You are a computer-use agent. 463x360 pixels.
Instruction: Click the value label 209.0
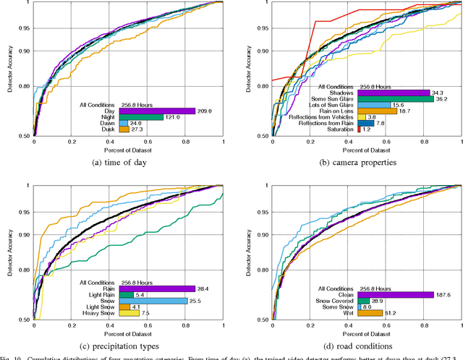pyautogui.click(x=206, y=111)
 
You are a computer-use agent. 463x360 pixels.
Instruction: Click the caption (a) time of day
pyautogui.click(x=129, y=163)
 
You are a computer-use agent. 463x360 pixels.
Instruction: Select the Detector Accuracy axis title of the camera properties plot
pyautogui.click(x=246, y=69)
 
